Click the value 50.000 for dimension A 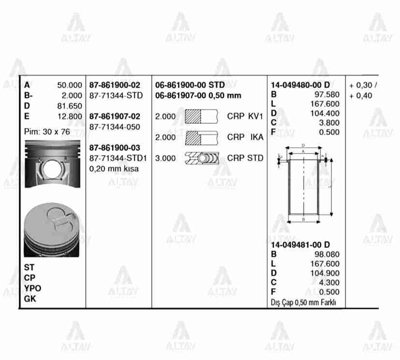pos(70,85)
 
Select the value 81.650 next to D pos(70,106)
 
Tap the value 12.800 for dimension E pos(70,116)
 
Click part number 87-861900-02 pos(115,85)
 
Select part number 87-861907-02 pos(115,116)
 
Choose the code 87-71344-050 pos(115,127)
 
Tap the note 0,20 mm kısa pos(114,169)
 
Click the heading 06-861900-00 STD pos(190,85)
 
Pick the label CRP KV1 pos(245,116)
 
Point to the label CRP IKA pos(245,137)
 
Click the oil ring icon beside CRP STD pos(202,158)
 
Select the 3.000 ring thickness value pos(165,158)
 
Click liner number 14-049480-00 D pos(300,85)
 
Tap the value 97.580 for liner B pos(326,94)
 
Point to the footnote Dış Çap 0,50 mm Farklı pos(303,303)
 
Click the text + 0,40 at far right pos(360,96)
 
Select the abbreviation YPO pos(33,288)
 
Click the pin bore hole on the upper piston pos(51,169)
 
